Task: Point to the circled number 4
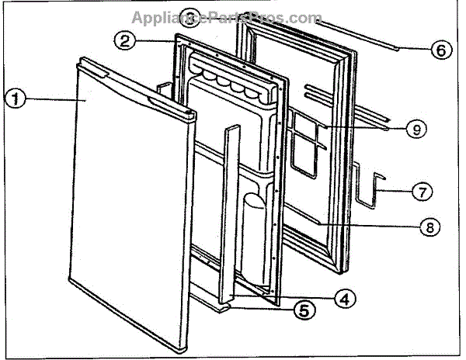(x=346, y=296)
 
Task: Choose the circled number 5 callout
(x=305, y=311)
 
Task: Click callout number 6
(x=440, y=50)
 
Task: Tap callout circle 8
(x=428, y=227)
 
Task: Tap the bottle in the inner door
(x=252, y=233)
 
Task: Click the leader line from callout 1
(x=54, y=100)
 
